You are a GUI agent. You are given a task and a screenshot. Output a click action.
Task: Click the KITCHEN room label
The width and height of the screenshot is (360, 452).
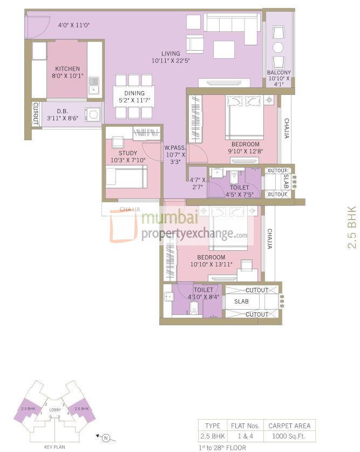tap(67, 69)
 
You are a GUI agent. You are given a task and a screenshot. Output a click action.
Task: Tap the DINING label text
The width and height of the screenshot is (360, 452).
tap(134, 93)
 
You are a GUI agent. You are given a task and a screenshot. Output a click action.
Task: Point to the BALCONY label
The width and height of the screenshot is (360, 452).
tap(279, 73)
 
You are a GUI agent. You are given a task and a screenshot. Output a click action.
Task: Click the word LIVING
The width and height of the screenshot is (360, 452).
tap(171, 53)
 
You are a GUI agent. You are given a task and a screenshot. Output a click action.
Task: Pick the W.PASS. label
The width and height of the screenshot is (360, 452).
tap(175, 147)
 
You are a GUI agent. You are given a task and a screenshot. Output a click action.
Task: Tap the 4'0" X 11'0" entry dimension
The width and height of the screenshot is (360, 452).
tap(73, 25)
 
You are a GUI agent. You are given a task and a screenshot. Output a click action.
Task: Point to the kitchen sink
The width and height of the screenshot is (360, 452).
tap(94, 83)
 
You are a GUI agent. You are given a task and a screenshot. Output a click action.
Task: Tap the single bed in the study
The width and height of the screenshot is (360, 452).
tap(126, 176)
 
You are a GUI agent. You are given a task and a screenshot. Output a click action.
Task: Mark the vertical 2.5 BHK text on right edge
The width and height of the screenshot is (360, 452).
tap(352, 227)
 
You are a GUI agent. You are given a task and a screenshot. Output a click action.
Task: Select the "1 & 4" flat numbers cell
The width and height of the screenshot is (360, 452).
tap(246, 435)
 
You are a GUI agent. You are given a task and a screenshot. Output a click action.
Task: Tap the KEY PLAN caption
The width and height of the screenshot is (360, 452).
tap(55, 447)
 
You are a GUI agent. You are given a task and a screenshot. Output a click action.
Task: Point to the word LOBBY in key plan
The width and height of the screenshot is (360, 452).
tap(55, 409)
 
